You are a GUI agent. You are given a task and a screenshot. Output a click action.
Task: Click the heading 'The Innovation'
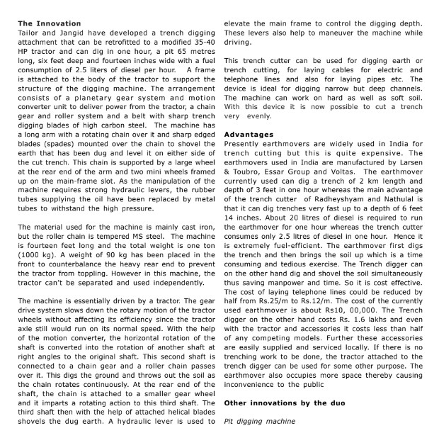tap(50, 23)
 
